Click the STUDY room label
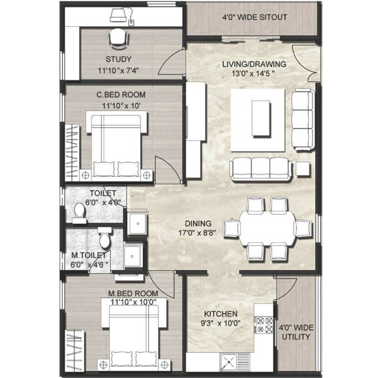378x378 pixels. [118, 59]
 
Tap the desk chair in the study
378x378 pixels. [118, 38]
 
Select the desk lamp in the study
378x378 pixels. [118, 15]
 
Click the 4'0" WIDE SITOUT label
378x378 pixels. [254, 17]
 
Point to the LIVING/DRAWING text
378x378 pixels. [254, 64]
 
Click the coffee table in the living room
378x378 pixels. [261, 118]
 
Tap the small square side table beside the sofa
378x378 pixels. [303, 169]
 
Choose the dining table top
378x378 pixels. [267, 228]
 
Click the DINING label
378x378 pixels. [198, 224]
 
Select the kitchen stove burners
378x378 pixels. [265, 325]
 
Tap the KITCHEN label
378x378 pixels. [221, 314]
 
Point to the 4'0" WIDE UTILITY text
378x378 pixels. [296, 332]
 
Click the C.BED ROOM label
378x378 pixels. [121, 95]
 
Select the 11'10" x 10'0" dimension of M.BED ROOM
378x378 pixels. [134, 302]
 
